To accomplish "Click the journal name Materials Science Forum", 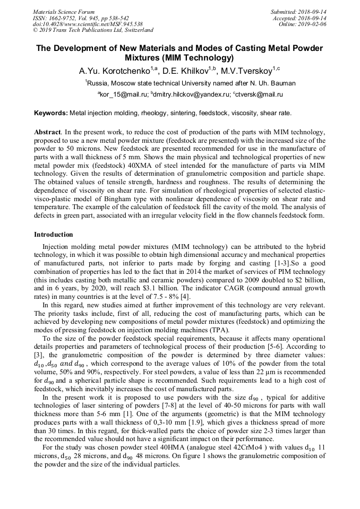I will click(64, 11).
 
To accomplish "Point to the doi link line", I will click(88, 24).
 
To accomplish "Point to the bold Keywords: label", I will click(51, 113).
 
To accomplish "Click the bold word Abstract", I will click(48, 131).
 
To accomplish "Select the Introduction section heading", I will click(54, 234).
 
